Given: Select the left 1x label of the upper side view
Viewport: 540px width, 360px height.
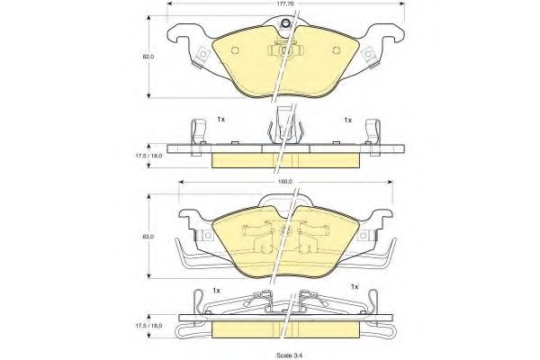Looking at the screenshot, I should (221, 119).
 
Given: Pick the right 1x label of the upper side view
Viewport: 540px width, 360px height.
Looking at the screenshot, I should (346, 119).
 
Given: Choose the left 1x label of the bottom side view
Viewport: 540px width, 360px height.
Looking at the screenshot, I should (217, 290).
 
